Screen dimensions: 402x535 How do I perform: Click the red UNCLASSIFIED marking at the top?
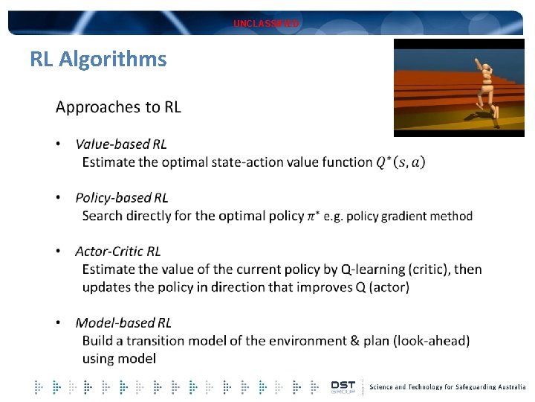pos(266,24)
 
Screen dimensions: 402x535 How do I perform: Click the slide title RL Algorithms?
pos(98,59)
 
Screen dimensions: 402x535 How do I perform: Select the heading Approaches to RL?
pos(118,107)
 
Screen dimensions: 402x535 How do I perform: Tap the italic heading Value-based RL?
pos(121,144)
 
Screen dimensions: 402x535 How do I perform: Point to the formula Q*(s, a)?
pos(401,162)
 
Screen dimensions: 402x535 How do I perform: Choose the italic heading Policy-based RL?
pos(122,198)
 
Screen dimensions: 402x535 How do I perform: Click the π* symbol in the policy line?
pos(315,216)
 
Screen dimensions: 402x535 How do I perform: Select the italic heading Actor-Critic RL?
pos(118,252)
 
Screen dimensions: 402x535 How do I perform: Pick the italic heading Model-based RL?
pos(123,323)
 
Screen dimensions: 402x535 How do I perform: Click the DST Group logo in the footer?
pos(343,387)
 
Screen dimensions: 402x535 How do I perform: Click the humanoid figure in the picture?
pos(485,88)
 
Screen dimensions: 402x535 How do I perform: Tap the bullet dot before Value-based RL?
pos(59,144)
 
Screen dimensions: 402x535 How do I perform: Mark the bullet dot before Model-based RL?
pos(59,323)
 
